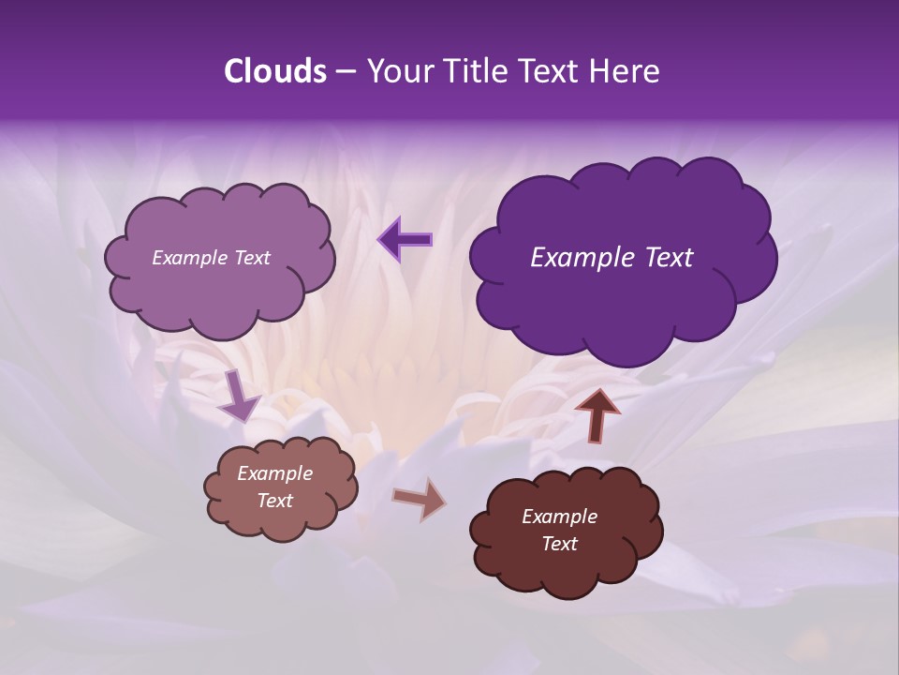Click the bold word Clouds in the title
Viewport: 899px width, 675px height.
[x=274, y=71]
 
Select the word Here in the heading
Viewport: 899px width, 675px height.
[x=625, y=71]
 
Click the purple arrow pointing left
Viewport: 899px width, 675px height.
[x=405, y=240]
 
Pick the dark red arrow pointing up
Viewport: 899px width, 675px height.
[x=597, y=414]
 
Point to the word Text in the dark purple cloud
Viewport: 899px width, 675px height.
[x=669, y=258]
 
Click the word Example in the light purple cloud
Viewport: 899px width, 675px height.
[x=190, y=258]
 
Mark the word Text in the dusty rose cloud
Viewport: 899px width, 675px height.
[x=274, y=501]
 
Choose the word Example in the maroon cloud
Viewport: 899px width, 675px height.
[x=559, y=517]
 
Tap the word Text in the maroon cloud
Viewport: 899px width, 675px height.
[x=559, y=544]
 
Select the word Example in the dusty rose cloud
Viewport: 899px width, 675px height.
[x=274, y=473]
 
